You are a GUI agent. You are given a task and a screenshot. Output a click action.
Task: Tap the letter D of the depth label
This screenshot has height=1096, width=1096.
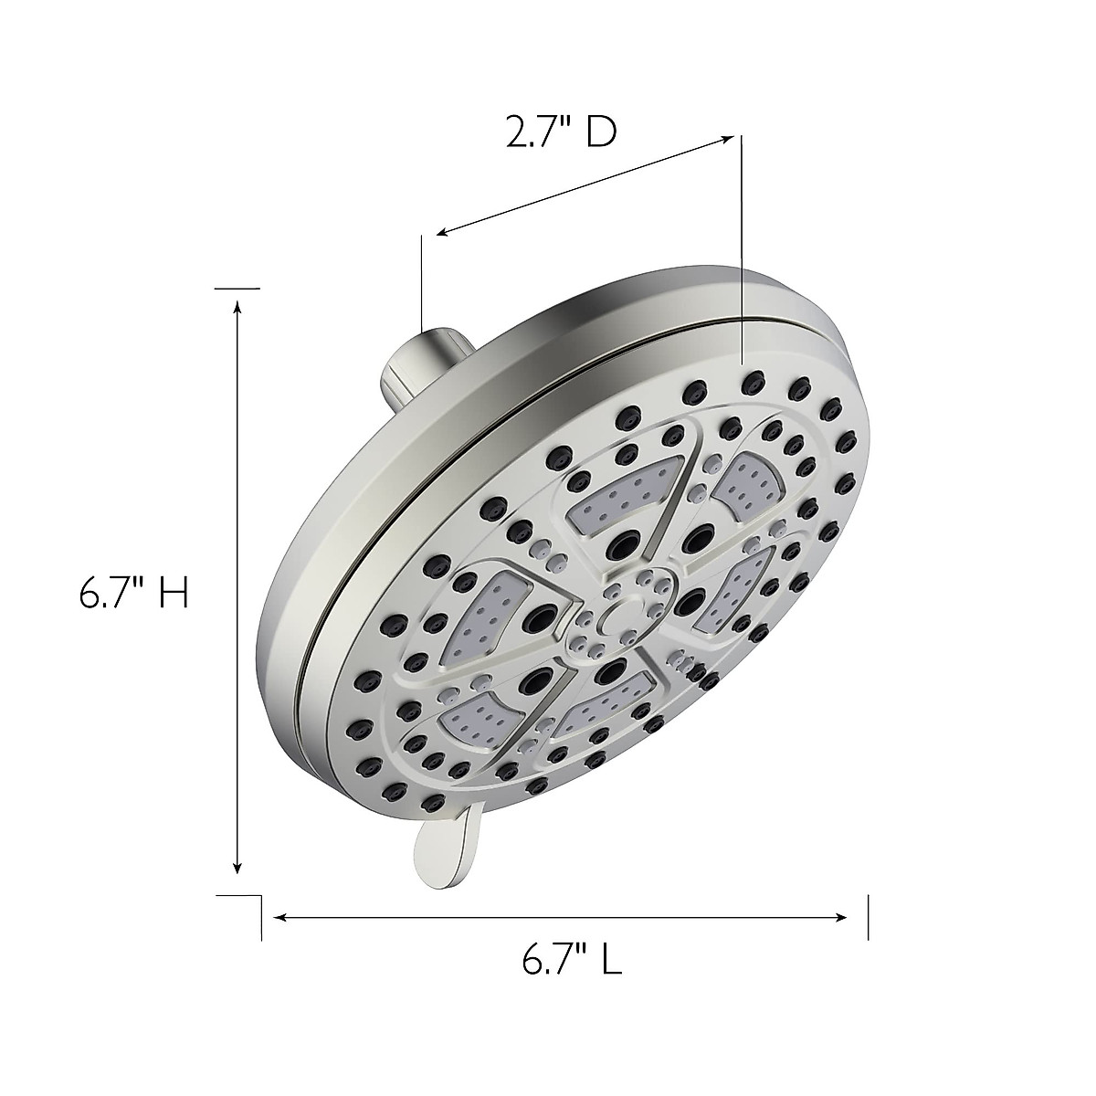[601, 133]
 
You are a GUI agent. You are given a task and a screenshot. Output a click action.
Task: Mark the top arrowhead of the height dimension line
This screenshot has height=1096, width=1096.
[238, 310]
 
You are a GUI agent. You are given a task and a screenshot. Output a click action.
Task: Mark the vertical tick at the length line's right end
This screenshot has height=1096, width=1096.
[868, 917]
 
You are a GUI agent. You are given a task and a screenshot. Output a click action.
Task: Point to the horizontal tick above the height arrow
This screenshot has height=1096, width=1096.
[237, 288]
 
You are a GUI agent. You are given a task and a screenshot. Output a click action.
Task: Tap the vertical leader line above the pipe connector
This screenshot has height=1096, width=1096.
[421, 283]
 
